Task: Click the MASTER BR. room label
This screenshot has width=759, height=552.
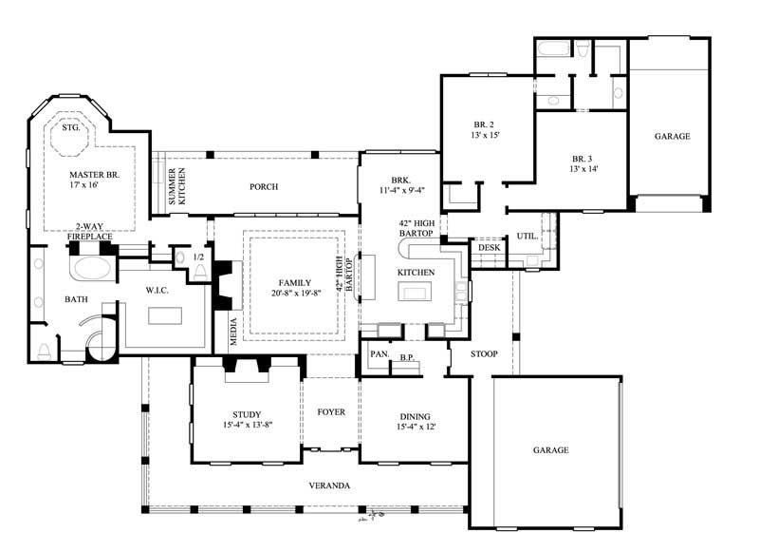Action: [102, 175]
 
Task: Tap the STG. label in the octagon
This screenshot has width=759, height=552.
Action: [69, 126]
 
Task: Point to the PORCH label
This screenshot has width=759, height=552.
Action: [263, 187]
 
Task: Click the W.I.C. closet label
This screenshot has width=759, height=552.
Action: [157, 290]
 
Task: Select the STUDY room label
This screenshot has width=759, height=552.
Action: [247, 413]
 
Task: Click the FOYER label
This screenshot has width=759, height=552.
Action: [330, 411]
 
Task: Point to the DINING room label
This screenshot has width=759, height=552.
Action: [414, 416]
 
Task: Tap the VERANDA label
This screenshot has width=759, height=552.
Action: [329, 485]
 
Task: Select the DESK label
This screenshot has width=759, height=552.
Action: [489, 248]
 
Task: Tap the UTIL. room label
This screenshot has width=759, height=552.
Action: [527, 237]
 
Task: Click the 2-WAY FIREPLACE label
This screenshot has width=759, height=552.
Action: [89, 231]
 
